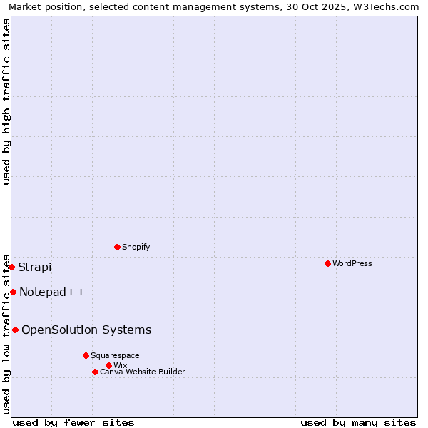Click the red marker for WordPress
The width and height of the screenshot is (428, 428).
click(327, 263)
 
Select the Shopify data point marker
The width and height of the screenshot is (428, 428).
click(117, 247)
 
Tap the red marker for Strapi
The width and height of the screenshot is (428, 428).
click(12, 267)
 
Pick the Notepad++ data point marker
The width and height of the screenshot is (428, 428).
click(13, 292)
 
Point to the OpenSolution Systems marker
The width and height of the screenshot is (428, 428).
click(15, 330)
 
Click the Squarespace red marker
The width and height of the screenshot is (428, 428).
click(86, 355)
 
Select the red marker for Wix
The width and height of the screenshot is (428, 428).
click(108, 365)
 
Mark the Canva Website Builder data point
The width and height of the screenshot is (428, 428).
click(95, 372)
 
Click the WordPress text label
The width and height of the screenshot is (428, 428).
click(352, 263)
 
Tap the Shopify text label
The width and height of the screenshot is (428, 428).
click(136, 247)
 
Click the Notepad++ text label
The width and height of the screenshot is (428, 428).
click(52, 292)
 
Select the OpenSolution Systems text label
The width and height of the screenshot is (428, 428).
click(86, 330)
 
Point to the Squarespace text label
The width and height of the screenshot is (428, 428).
click(115, 355)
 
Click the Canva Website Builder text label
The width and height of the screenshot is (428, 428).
click(143, 372)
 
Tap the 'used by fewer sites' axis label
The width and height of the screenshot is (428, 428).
click(73, 422)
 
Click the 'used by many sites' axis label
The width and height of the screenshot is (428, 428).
click(358, 422)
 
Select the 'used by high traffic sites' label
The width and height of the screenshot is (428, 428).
click(6, 101)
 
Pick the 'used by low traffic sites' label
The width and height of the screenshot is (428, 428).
click(6, 333)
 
